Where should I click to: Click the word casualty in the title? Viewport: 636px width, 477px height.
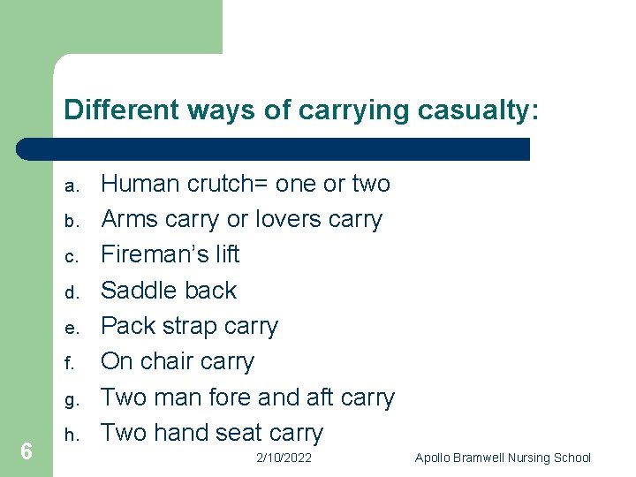click(x=476, y=110)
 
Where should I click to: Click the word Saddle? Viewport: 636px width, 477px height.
click(x=138, y=290)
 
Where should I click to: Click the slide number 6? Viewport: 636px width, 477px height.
click(x=26, y=452)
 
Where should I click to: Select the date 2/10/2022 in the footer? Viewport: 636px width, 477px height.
click(x=284, y=458)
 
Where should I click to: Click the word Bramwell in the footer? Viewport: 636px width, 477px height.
click(x=486, y=458)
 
